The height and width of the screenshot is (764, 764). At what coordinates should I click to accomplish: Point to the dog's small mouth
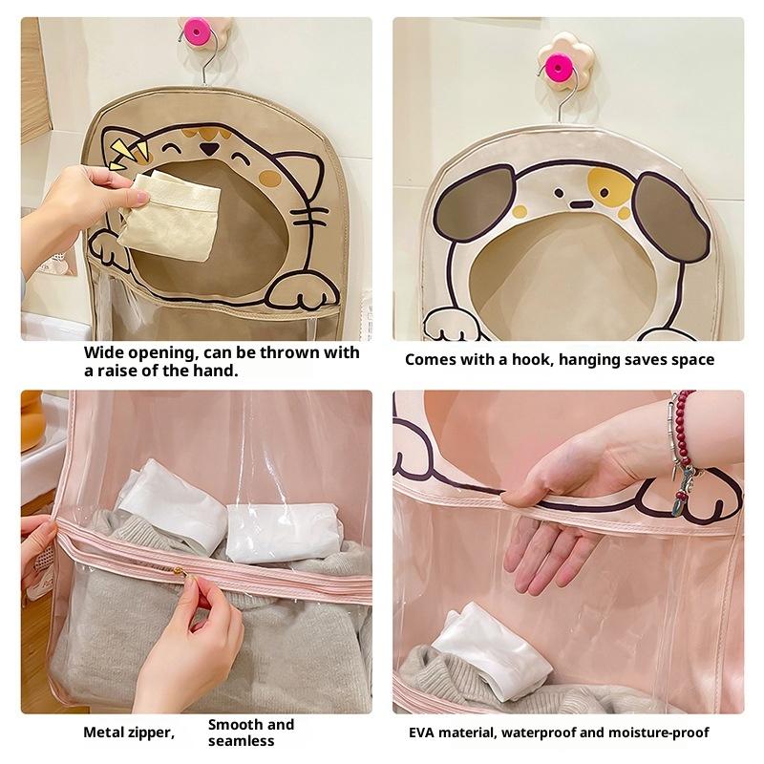point(580,204)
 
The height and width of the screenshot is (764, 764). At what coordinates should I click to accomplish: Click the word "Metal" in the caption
point(104,732)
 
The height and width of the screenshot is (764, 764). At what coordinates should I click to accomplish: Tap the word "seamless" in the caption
point(242,741)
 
